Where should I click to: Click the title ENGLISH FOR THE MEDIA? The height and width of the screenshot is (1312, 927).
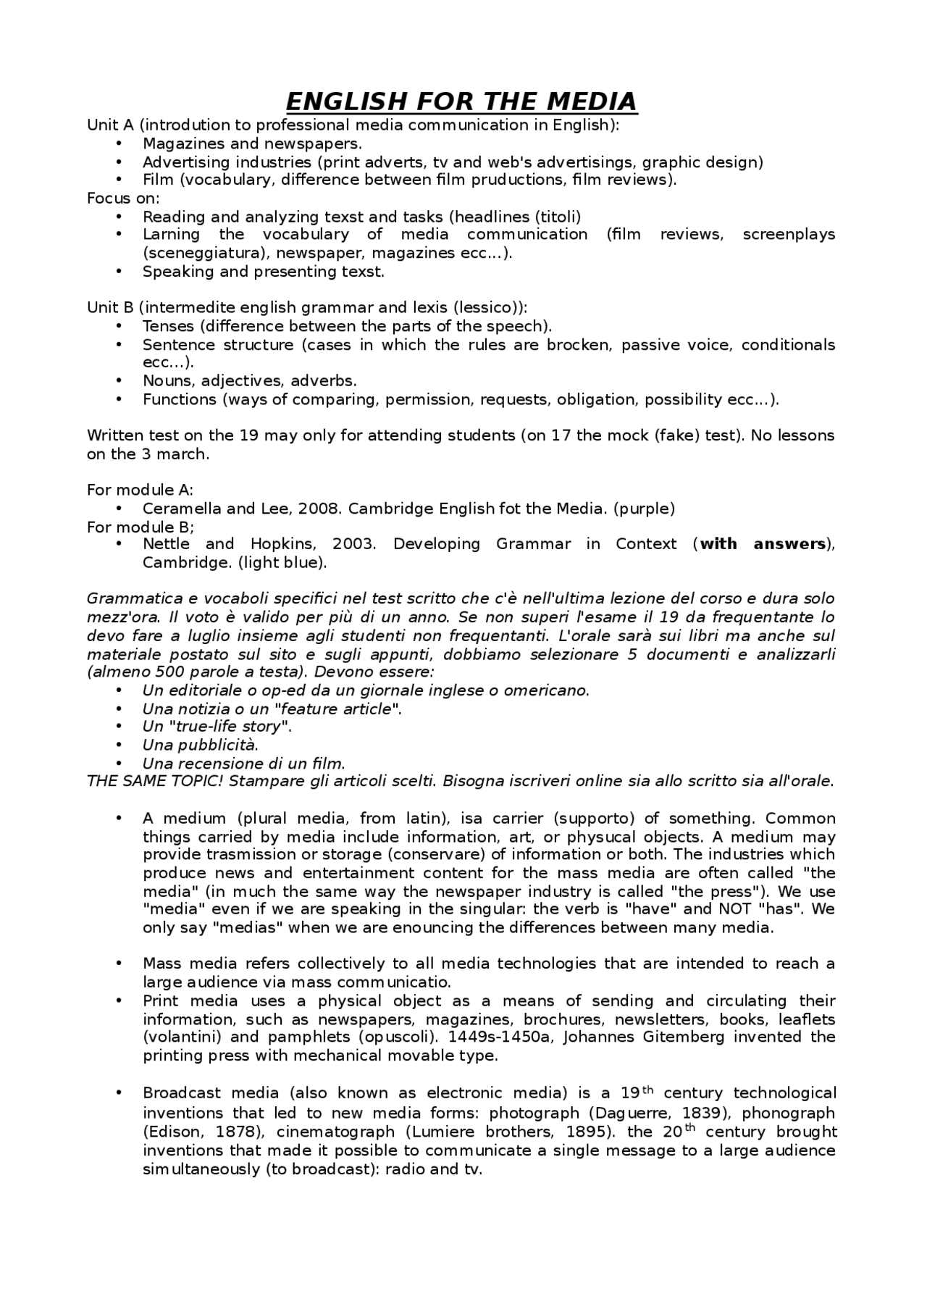(x=461, y=101)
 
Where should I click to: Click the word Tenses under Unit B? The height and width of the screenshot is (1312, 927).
(x=169, y=326)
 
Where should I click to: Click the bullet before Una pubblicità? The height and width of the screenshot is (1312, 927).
(x=119, y=745)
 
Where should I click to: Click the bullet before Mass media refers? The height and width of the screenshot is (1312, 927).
(x=119, y=964)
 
